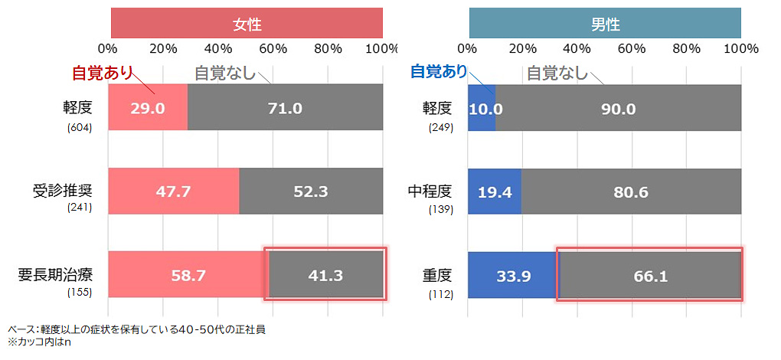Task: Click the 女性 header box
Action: (247, 23)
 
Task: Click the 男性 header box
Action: (605, 23)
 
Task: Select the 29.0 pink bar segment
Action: (148, 108)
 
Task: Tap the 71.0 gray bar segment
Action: (285, 108)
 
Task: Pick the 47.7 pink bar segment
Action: (174, 191)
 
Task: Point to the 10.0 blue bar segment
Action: (482, 108)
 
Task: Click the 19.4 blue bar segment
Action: (495, 191)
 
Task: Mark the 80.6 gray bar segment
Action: (631, 191)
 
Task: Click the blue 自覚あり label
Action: (439, 71)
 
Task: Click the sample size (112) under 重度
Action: (441, 294)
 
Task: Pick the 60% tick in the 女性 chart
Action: (273, 48)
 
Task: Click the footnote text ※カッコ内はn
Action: (39, 342)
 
